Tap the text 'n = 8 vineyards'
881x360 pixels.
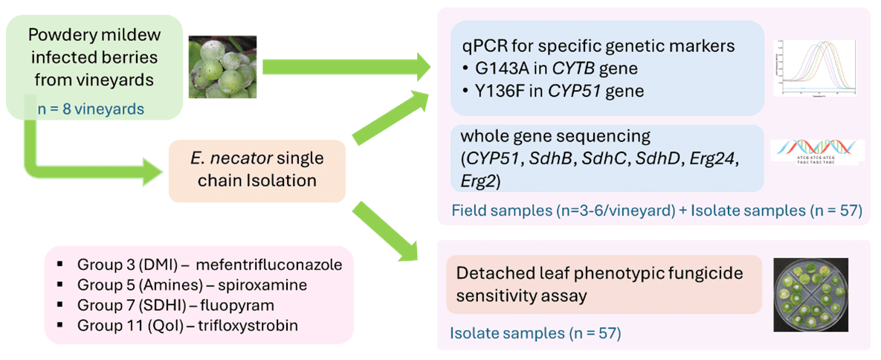[x=90, y=109]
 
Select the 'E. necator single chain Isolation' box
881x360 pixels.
[x=256, y=170]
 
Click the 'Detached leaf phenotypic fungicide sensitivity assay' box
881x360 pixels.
[x=604, y=285]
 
